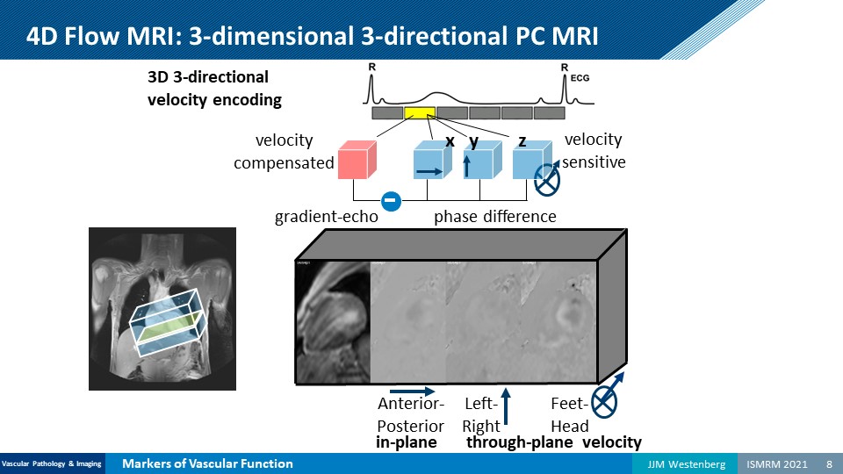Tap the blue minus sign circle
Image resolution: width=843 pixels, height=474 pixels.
tap(393, 201)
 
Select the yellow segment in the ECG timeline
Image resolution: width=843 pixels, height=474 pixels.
tap(420, 113)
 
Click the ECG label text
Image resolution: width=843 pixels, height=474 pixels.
tap(580, 78)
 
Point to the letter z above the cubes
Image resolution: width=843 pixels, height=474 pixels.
tap(522, 140)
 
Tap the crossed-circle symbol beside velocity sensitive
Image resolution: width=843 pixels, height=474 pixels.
tap(548, 180)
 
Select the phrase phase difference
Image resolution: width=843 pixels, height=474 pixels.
tap(495, 217)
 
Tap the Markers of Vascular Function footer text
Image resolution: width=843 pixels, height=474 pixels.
tap(207, 463)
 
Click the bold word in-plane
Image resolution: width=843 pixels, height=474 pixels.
tap(407, 442)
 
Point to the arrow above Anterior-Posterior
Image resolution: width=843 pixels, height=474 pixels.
tap(412, 391)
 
